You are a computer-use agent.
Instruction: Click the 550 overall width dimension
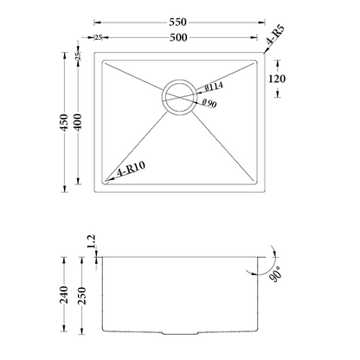click(x=178, y=22)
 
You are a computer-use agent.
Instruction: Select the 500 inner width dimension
click(x=178, y=37)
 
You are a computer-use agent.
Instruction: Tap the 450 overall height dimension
click(x=64, y=122)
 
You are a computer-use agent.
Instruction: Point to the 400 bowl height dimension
click(x=78, y=122)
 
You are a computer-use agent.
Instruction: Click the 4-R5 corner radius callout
click(x=276, y=35)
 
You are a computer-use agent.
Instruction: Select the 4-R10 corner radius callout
click(x=132, y=170)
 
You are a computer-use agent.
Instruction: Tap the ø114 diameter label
click(x=214, y=87)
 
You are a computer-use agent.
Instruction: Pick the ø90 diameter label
click(x=209, y=103)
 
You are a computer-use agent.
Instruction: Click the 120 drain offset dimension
click(x=277, y=79)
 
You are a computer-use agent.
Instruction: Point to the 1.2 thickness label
click(x=91, y=241)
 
